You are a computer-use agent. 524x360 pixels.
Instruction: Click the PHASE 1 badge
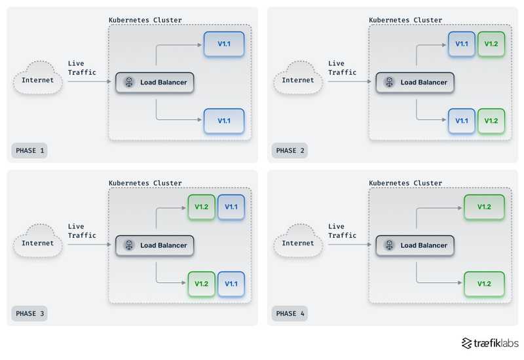(x=29, y=151)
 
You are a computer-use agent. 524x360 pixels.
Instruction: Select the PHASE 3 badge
(x=29, y=314)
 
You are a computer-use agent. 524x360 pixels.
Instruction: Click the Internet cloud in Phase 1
(x=38, y=81)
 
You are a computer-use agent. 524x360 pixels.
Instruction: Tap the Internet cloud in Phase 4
(x=298, y=243)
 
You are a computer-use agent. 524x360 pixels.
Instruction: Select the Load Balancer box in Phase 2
(x=415, y=82)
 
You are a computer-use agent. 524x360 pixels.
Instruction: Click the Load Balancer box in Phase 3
(x=155, y=245)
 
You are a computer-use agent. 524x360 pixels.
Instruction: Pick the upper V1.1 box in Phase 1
(x=223, y=43)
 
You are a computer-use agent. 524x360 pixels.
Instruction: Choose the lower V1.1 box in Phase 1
(x=223, y=120)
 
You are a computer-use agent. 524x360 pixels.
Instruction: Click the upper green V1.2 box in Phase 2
(x=491, y=43)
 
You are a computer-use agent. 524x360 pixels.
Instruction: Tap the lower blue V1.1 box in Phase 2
(x=462, y=120)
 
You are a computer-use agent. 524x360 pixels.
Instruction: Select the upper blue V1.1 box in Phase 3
(x=231, y=207)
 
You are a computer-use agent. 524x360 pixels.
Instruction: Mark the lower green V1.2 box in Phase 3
(x=201, y=284)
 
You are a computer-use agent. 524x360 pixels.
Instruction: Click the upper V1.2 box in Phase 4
(x=484, y=207)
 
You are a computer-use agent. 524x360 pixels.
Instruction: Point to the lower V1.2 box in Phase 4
(x=484, y=284)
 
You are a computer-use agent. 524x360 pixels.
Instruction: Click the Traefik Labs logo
(x=489, y=343)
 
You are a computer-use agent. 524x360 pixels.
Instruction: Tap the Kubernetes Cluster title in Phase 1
(x=145, y=20)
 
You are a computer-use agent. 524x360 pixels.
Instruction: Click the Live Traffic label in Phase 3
(x=82, y=231)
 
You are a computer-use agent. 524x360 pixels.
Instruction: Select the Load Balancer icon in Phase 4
(x=389, y=245)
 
